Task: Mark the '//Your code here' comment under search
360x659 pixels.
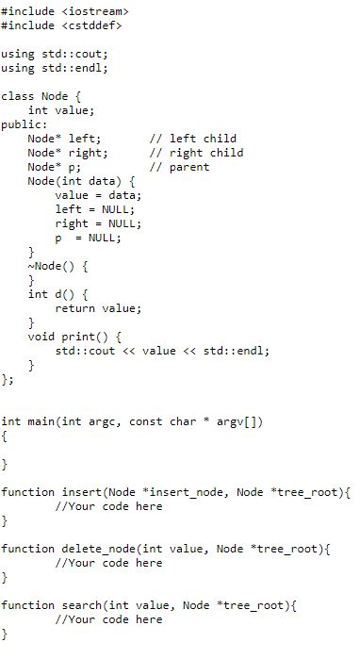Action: tap(108, 619)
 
